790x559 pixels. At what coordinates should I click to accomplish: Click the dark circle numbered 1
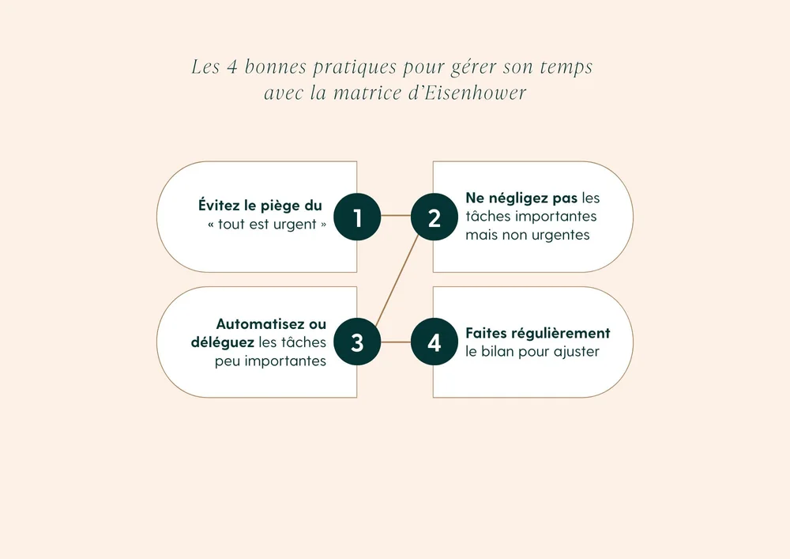[x=357, y=217]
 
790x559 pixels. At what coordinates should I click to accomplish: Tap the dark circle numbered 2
[x=434, y=217]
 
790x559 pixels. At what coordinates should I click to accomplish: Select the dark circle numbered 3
[x=357, y=342]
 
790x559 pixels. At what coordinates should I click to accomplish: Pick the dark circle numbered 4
[x=434, y=342]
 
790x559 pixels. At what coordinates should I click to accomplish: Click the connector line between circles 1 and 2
[x=396, y=216]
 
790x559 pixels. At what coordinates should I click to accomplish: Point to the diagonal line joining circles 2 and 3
[x=396, y=279]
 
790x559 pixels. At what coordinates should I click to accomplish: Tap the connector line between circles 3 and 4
[x=396, y=342]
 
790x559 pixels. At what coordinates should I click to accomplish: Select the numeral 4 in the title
[x=232, y=67]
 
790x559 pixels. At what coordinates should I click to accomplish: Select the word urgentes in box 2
[x=559, y=235]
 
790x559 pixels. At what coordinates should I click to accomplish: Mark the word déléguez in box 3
[x=222, y=342]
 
